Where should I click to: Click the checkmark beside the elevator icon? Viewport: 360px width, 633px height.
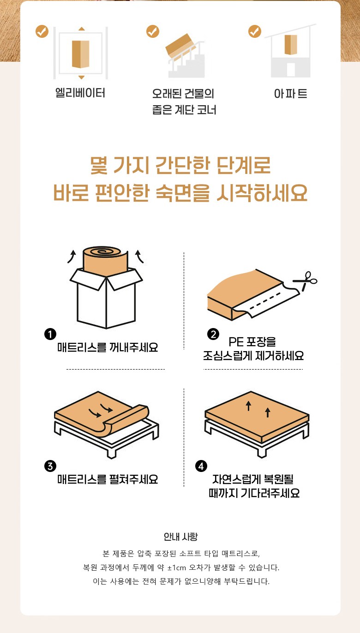click(42, 31)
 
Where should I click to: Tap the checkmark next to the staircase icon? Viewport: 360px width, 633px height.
click(153, 31)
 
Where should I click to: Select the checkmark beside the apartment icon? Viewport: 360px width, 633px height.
click(255, 31)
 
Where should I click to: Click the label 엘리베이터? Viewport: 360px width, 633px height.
click(80, 93)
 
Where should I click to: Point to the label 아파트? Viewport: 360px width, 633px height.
click(290, 94)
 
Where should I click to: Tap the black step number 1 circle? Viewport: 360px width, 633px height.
click(50, 334)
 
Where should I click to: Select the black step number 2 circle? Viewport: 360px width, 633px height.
click(213, 334)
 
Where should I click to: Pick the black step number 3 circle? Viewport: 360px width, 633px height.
click(50, 466)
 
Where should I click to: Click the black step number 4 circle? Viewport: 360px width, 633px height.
click(201, 466)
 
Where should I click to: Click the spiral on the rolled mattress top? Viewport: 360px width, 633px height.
click(104, 251)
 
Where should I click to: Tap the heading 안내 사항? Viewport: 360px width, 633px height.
click(181, 537)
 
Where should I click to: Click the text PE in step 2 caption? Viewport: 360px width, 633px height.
click(236, 342)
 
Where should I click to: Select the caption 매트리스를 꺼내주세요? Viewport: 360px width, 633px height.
click(108, 347)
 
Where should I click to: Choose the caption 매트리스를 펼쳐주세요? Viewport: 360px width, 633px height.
click(108, 479)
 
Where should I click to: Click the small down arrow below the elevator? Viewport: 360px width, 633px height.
click(81, 77)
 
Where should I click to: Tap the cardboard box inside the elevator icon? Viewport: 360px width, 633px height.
click(81, 54)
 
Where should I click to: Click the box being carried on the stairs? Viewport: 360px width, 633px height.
click(180, 45)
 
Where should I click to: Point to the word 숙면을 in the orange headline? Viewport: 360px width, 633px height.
click(183, 193)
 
